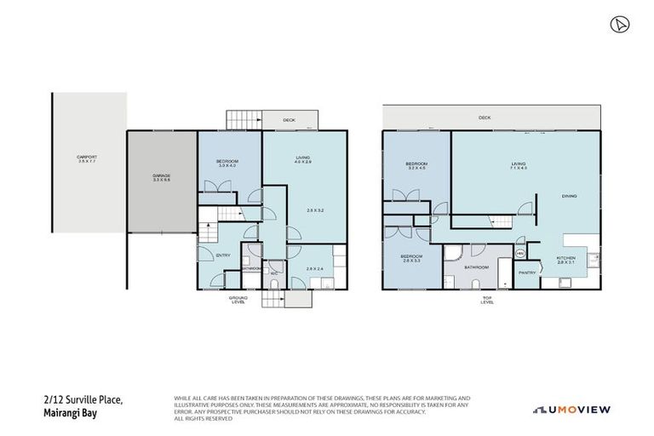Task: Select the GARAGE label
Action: [162, 177]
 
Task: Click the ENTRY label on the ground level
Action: [224, 255]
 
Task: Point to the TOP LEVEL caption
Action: [487, 300]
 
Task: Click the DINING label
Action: [569, 197]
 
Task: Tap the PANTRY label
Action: [527, 272]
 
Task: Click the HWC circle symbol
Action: [519, 252]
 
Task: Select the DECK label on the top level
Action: [485, 118]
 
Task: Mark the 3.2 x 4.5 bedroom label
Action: [416, 166]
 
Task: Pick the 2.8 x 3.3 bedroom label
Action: [412, 258]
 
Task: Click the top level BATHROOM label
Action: [477, 267]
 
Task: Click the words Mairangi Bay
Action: [69, 414]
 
